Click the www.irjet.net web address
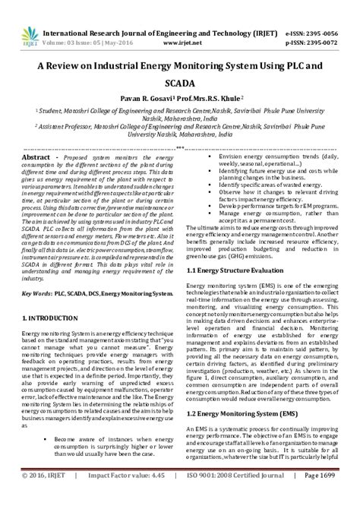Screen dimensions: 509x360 [x=181, y=22]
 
